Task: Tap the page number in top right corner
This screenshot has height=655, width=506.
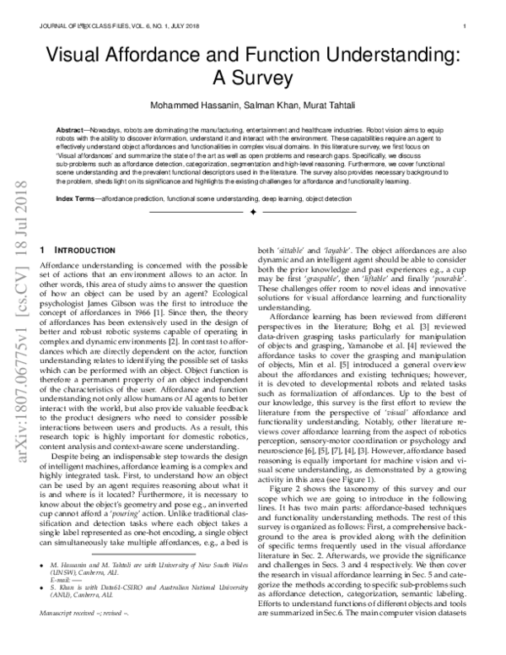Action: [466, 26]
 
